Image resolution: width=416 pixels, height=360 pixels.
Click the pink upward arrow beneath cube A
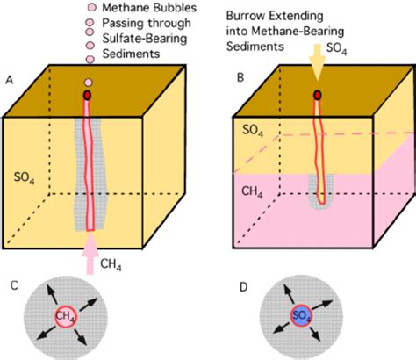(x=91, y=249)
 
